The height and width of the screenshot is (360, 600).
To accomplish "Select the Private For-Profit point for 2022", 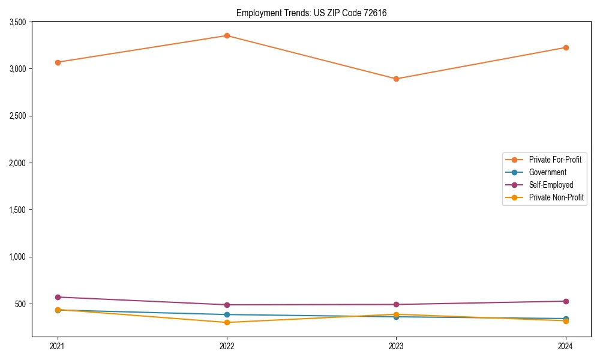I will pos(227,36).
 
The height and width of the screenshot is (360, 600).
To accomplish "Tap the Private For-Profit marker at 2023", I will pos(396,79).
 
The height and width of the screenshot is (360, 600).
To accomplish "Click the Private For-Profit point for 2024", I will pos(565,47).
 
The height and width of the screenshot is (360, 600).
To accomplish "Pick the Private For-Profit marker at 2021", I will pos(58,62).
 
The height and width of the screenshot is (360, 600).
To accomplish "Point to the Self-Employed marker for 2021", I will pos(58,297).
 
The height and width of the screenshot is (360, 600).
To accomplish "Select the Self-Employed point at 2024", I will pos(565,301).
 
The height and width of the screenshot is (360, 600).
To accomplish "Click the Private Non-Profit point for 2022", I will pos(227,322).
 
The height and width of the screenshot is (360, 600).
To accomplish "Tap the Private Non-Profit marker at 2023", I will pos(396,314).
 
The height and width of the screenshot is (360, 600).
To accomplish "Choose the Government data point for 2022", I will pos(227,314).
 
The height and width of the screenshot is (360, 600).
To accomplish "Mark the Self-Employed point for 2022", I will pos(227,305).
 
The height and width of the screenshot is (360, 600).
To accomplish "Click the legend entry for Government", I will pos(547,172).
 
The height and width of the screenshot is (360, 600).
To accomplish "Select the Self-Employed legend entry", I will pos(551,185).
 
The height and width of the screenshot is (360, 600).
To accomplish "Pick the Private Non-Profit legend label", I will pos(556,197).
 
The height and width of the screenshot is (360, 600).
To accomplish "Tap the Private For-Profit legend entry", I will pos(555,160).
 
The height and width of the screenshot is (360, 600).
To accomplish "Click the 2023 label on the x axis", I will pos(396,346).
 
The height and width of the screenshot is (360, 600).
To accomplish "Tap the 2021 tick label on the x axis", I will pos(58,346).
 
